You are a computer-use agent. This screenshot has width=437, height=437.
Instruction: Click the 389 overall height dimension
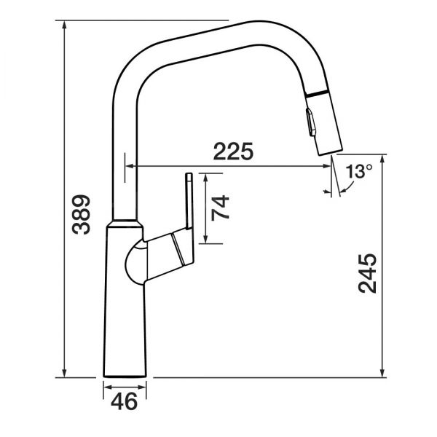pos(81,215)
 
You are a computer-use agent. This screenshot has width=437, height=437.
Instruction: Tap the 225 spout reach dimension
pos(233,151)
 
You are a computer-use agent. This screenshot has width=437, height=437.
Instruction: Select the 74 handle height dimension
pos(220,208)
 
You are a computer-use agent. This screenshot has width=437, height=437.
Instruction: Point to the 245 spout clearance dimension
pos(367,273)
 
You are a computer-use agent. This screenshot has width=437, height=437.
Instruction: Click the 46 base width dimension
pos(125,401)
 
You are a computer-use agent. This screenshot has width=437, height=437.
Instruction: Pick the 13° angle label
pos(359,171)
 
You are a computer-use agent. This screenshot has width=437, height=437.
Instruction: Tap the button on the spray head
pos(311,122)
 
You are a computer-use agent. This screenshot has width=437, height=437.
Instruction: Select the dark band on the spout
pos(317,94)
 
